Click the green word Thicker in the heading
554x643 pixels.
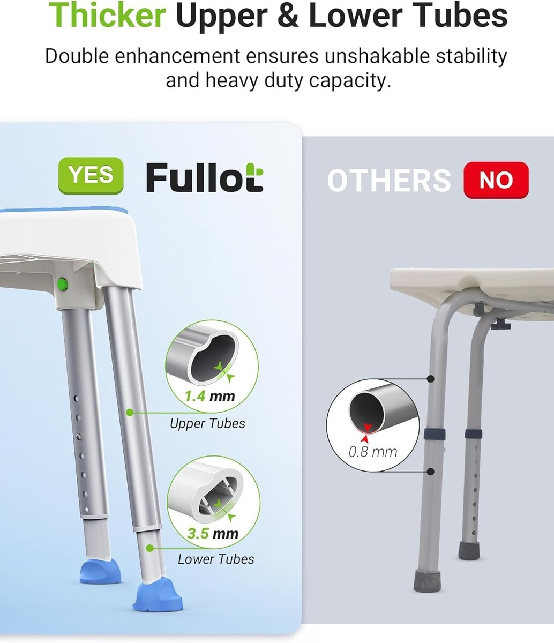[107, 14]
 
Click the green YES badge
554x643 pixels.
[91, 175]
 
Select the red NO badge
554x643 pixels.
[496, 180]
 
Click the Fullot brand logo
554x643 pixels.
[205, 177]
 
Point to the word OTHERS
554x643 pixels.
[389, 181]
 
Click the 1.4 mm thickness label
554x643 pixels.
[209, 397]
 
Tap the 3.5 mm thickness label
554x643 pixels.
[213, 533]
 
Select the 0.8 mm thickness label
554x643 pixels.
[373, 452]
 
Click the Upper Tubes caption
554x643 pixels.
[207, 423]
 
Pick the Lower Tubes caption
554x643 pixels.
[216, 559]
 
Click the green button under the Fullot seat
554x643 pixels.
[63, 283]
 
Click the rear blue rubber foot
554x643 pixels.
[100, 571]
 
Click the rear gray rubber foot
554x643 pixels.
[469, 550]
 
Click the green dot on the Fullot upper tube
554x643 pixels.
[130, 413]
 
